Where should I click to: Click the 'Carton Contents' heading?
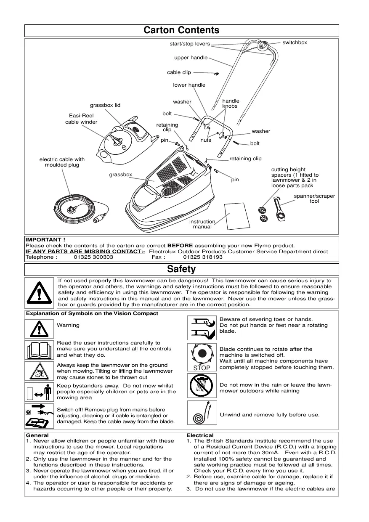pyautogui.click(x=181, y=30)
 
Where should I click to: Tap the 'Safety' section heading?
pyautogui.click(x=181, y=269)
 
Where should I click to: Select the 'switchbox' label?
pyautogui.click(x=295, y=42)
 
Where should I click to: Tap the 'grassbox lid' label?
pyautogui.click(x=105, y=105)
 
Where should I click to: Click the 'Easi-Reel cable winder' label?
pyautogui.click(x=81, y=119)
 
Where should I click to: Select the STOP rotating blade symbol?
pyautogui.click(x=202, y=358)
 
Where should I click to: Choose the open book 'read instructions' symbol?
pyautogui.click(x=39, y=350)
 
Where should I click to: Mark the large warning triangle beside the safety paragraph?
pyautogui.click(x=39, y=292)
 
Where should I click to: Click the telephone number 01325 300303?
pyautogui.click(x=93, y=257)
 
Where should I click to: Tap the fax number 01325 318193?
pyautogui.click(x=203, y=257)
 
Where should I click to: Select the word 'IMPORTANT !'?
pyautogui.click(x=45, y=240)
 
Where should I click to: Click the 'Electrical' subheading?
pyautogui.click(x=200, y=435)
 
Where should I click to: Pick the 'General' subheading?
pyautogui.click(x=37, y=435)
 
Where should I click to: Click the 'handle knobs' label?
pyautogui.click(x=231, y=103)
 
